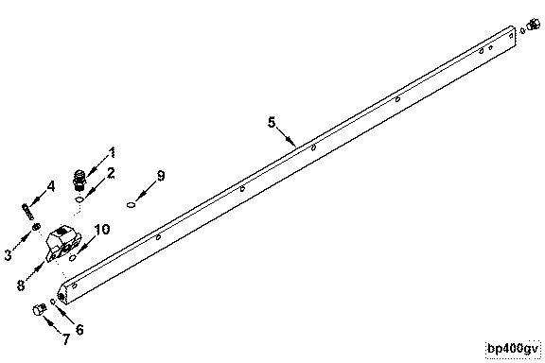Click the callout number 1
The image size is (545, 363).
(x=112, y=152)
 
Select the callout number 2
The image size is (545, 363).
(x=111, y=173)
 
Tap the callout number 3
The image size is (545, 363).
(x=8, y=255)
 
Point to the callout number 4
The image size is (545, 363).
(x=51, y=186)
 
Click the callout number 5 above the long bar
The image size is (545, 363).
(x=272, y=122)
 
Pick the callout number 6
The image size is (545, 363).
(x=79, y=329)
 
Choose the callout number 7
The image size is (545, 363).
(x=66, y=339)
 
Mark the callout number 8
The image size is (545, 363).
(x=21, y=285)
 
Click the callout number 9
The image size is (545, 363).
(x=161, y=176)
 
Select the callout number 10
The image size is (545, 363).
(x=102, y=230)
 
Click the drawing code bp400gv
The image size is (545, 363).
(x=514, y=349)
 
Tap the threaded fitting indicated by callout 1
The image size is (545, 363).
(x=79, y=180)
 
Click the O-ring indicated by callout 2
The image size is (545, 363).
(x=79, y=199)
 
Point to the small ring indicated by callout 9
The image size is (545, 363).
(x=131, y=205)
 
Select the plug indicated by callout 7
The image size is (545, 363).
(x=40, y=309)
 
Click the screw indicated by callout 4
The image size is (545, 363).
(x=28, y=212)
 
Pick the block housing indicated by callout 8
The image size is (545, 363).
(x=63, y=244)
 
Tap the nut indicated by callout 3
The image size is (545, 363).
(x=35, y=227)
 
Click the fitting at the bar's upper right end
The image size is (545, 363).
(x=534, y=25)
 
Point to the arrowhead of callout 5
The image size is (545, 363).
(x=290, y=141)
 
